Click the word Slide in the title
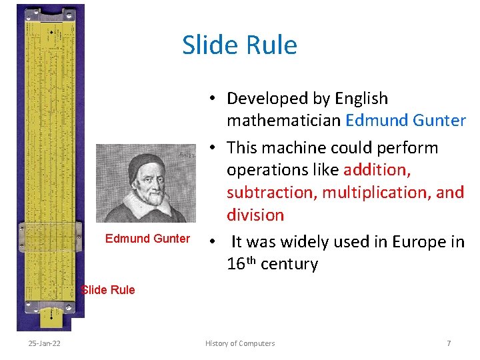(x=208, y=45)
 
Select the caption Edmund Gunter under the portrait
(x=147, y=239)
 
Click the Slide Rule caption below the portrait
(x=108, y=289)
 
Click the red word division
(x=255, y=215)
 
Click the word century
(x=289, y=264)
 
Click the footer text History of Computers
(x=240, y=343)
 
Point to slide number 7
(x=449, y=343)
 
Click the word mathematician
(x=284, y=121)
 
